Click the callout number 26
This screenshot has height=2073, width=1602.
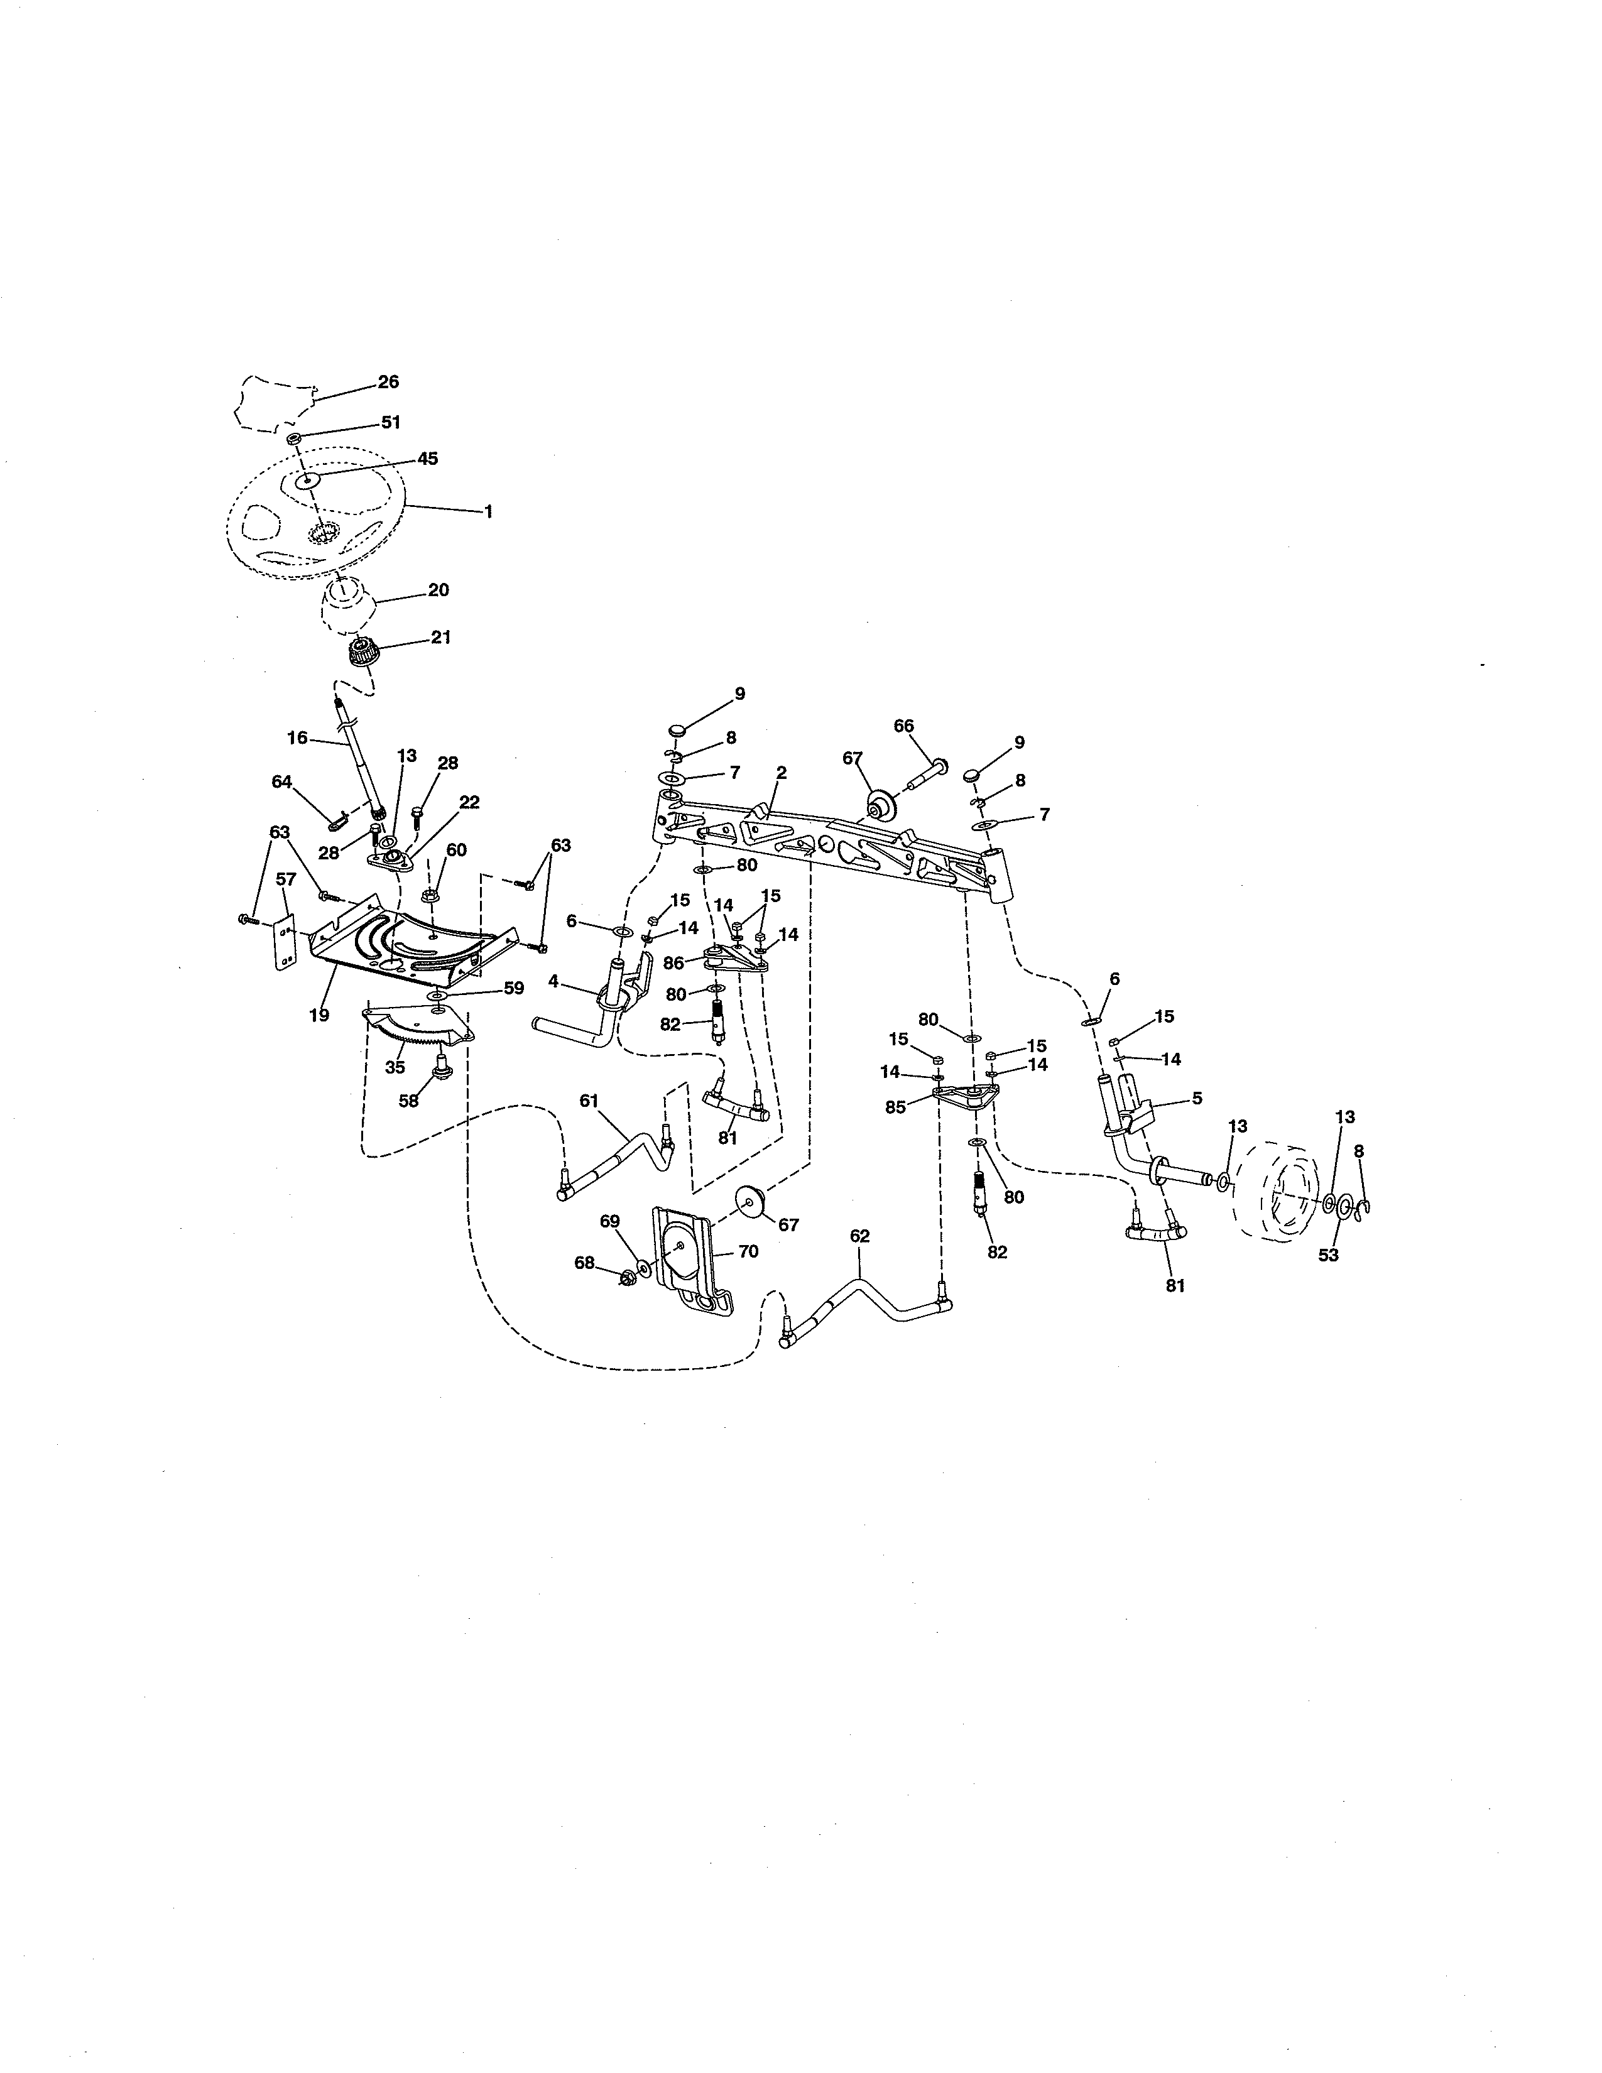tap(388, 381)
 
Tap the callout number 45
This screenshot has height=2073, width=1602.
tap(427, 459)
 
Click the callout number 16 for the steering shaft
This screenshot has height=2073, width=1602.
tap(297, 737)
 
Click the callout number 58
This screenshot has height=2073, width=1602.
tap(409, 1101)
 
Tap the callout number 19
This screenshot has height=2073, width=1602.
tap(319, 1015)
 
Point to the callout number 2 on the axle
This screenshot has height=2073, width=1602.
tap(781, 773)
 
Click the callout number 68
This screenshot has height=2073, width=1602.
tap(585, 1263)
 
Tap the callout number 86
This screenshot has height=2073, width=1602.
tap(674, 962)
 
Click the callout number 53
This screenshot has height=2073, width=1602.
tap(1329, 1255)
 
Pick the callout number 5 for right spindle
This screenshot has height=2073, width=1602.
tap(1197, 1097)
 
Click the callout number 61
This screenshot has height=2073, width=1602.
tap(589, 1100)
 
